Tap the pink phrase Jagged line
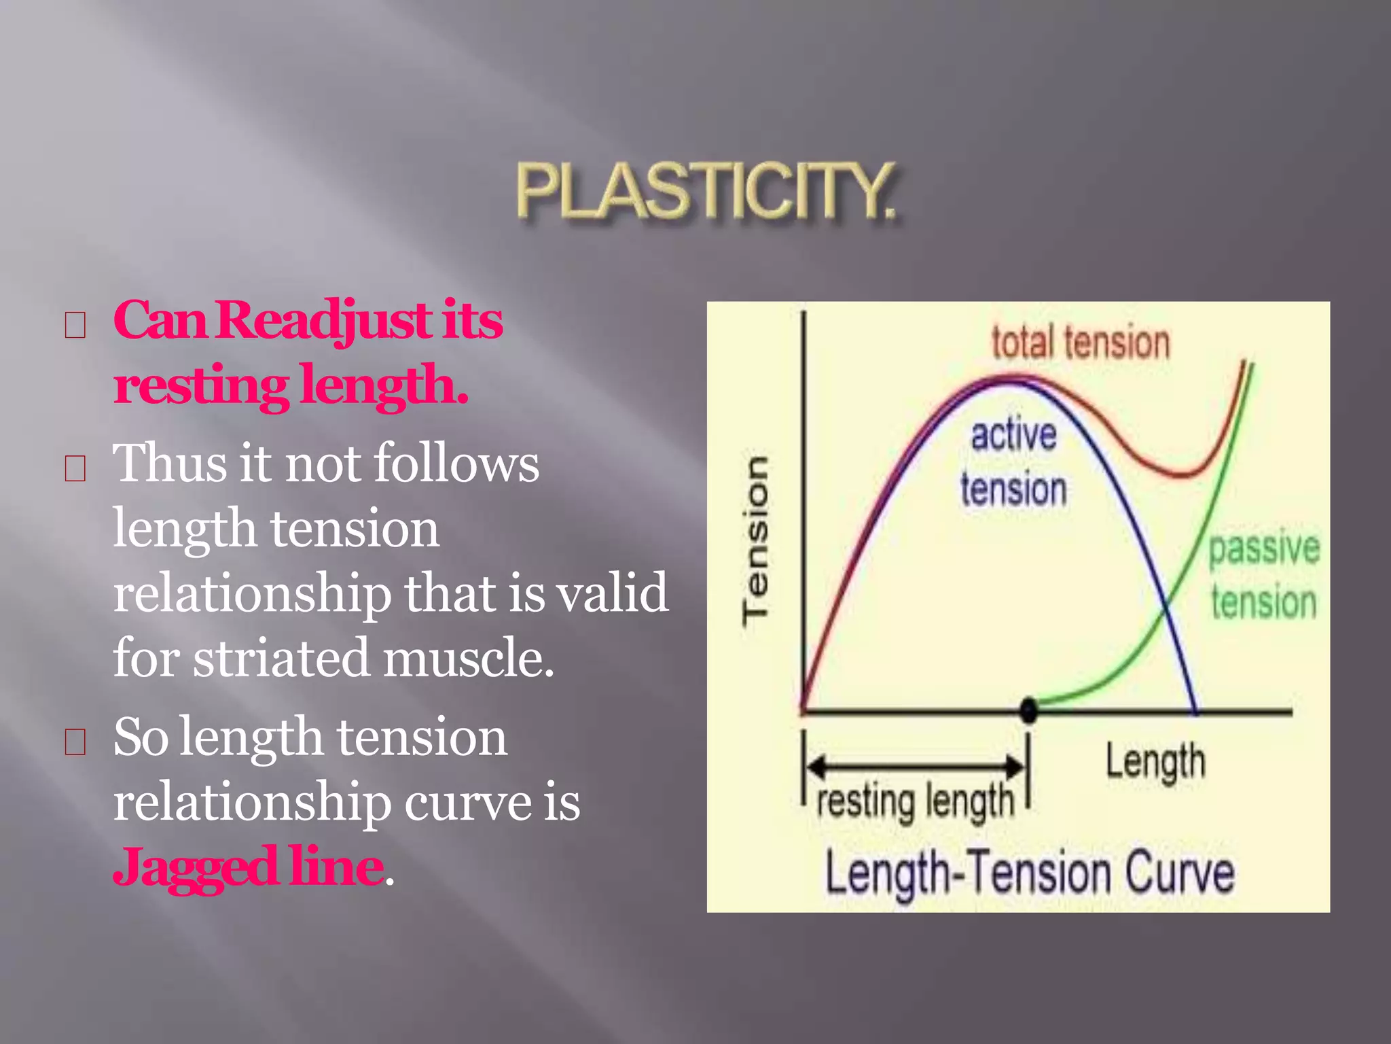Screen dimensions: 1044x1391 (248, 867)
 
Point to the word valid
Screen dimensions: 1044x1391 (612, 593)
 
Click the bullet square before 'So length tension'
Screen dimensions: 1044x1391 (75, 742)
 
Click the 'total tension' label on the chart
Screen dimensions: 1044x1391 (1080, 342)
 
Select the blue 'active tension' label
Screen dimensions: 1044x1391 (1013, 462)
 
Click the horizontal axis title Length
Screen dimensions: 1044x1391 (1155, 762)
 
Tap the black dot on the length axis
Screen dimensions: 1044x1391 (1029, 710)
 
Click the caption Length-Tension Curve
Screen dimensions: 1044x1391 (1029, 873)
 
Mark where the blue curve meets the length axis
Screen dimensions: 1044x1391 (1195, 712)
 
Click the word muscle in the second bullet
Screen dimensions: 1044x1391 (469, 658)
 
